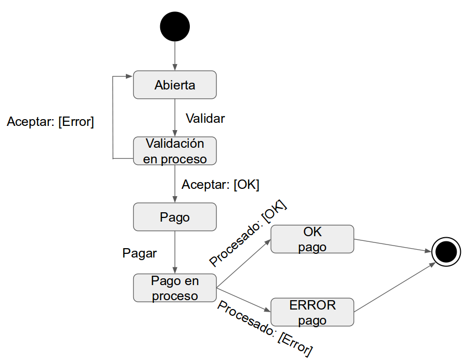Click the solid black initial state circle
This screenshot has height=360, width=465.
[x=175, y=27]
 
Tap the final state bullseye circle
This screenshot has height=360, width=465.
[x=446, y=252]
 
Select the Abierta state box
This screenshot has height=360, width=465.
[x=175, y=85]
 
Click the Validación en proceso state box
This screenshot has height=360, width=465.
[x=175, y=151]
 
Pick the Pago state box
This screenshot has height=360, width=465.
[x=175, y=217]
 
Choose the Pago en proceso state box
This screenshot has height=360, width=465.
[x=175, y=288]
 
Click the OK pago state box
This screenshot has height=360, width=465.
[x=312, y=239]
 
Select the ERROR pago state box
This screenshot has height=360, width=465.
[x=312, y=312]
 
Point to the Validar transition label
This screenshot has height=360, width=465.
[x=205, y=119]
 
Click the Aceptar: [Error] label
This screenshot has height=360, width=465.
[x=50, y=122]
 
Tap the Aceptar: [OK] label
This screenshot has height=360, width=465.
[x=220, y=185]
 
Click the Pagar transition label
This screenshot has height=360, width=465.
[x=139, y=253]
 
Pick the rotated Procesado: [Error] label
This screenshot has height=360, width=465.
[x=265, y=328]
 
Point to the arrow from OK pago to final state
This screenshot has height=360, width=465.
[x=393, y=245]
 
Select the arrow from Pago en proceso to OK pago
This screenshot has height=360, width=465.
[x=242, y=265]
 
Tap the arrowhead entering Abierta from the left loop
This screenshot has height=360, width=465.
[x=129, y=76]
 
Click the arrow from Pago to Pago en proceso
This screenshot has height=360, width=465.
[x=175, y=252]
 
